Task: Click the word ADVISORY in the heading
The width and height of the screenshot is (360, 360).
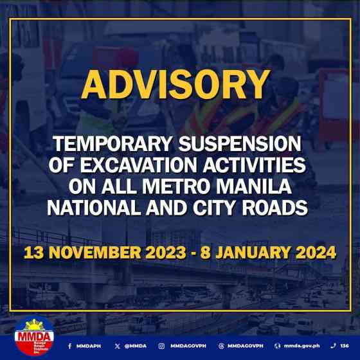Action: point(175,84)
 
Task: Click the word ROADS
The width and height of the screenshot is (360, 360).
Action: point(276,208)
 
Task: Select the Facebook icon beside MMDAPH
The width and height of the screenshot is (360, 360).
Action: point(69,345)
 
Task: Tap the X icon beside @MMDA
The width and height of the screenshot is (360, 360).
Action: point(117,345)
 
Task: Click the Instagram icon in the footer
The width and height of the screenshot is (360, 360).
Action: point(162,345)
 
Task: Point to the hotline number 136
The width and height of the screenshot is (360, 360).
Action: point(345,345)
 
